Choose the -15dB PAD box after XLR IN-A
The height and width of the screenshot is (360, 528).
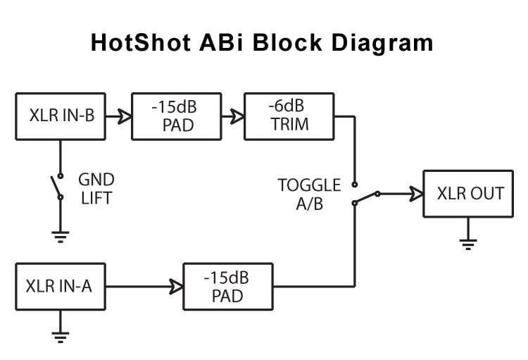click(227, 286)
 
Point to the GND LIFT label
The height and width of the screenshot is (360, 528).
click(96, 189)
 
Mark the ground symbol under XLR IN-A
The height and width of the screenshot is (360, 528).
click(61, 337)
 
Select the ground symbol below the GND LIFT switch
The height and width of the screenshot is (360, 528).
click(61, 236)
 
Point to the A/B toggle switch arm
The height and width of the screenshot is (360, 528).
click(365, 198)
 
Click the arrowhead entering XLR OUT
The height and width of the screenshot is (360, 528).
click(415, 193)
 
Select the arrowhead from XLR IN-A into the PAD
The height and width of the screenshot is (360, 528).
click(176, 286)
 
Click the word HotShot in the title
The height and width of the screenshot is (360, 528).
click(138, 42)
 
